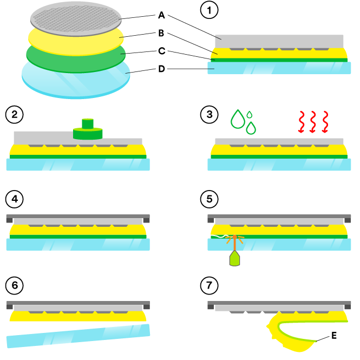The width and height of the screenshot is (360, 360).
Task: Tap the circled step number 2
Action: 13,115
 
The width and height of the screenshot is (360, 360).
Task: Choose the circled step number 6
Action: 13,284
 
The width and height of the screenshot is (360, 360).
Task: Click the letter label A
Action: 162,15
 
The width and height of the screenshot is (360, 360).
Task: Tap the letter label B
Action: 162,34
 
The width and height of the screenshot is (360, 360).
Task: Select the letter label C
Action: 162,51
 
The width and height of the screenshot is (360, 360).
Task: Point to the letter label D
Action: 162,69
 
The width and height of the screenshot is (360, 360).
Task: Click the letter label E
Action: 333,336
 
